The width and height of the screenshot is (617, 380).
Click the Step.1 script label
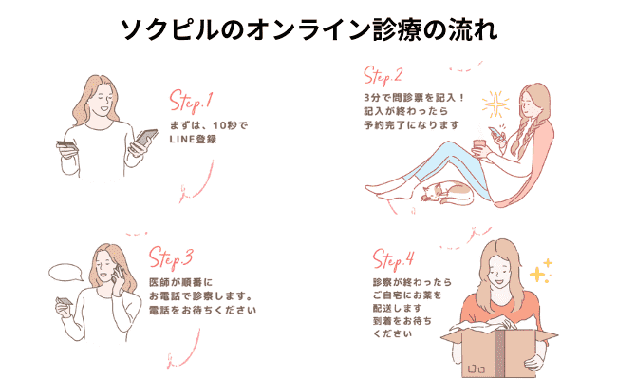pos(191,102)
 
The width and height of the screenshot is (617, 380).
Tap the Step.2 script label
pos(383,75)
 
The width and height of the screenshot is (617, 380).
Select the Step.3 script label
pos(171,258)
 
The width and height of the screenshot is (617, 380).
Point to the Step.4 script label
pos(394,259)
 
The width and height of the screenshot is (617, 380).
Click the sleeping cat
pos(447,193)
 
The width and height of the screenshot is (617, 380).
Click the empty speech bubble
pos(65,273)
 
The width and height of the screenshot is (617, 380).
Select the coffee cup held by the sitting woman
pos(478,148)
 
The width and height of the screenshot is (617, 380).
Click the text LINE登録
pos(193,140)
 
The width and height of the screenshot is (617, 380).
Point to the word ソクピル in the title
pos(168,30)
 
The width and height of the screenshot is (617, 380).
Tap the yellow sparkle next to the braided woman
pos(495,104)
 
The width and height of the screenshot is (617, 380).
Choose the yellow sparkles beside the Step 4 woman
pos(541,271)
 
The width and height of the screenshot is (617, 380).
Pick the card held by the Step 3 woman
pos(65,301)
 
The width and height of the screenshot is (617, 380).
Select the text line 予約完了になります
pos(411,125)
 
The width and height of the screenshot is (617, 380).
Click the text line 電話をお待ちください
pos(202,310)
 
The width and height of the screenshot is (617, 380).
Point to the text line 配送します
pos(398,308)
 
